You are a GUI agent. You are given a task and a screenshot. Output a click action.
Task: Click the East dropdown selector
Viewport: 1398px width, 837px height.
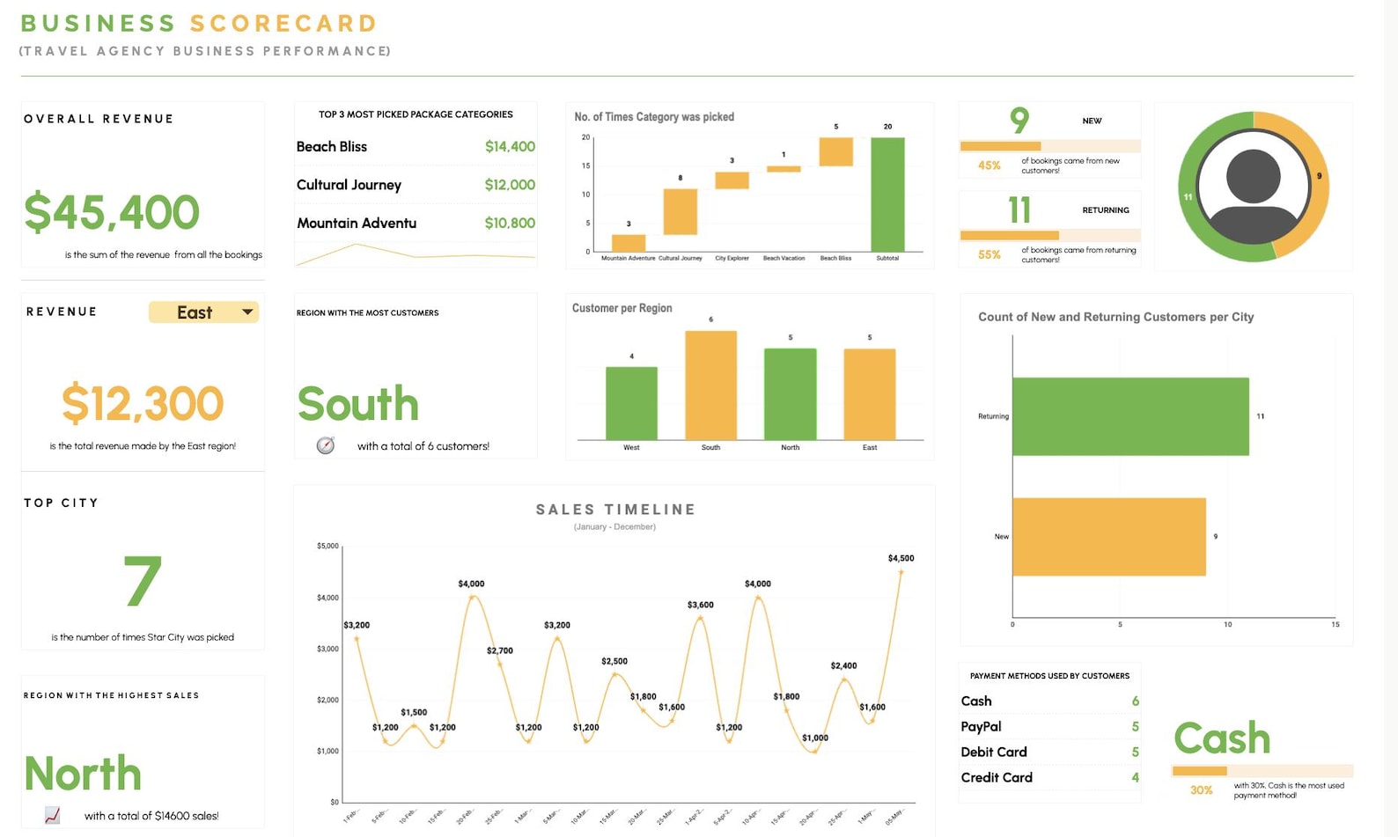pyautogui.click(x=203, y=312)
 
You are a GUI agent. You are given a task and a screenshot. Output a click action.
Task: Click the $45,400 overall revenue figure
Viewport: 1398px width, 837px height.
pyautogui.click(x=112, y=212)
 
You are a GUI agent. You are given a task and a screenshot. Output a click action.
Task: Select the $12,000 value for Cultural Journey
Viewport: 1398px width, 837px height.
pyautogui.click(x=509, y=185)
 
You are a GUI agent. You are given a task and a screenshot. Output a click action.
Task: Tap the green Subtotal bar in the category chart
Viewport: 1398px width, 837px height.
pyautogui.click(x=887, y=195)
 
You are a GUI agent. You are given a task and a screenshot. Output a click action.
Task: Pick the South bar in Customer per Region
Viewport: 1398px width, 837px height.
pyautogui.click(x=710, y=385)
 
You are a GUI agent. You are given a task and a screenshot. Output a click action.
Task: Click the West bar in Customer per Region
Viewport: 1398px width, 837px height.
pyautogui.click(x=631, y=402)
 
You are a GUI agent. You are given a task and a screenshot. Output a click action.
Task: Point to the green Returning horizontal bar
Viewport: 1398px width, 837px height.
pyautogui.click(x=1130, y=416)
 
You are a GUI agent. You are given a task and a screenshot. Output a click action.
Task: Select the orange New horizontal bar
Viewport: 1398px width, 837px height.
pyautogui.click(x=1108, y=537)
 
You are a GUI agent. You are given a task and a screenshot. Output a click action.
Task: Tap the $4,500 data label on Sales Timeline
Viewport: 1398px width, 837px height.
pyautogui.click(x=901, y=558)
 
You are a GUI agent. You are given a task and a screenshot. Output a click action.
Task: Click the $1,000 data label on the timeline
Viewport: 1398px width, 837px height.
pyautogui.click(x=814, y=738)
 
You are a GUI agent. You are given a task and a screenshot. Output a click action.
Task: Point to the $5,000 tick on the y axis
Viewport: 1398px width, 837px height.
pyautogui.click(x=327, y=546)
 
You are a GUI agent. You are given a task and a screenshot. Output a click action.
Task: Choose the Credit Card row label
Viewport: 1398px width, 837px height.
pyautogui.click(x=997, y=777)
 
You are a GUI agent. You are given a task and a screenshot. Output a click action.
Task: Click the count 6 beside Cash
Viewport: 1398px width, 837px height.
pyautogui.click(x=1135, y=701)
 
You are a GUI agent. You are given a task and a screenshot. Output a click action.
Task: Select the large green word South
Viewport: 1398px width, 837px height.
pyautogui.click(x=357, y=404)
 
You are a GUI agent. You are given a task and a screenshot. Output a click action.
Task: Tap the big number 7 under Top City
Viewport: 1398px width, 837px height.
pyautogui.click(x=143, y=582)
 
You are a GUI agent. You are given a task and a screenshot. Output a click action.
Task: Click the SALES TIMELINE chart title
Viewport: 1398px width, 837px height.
pyautogui.click(x=615, y=510)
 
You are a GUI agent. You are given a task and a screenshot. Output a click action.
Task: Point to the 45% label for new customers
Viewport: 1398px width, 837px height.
pyautogui.click(x=989, y=165)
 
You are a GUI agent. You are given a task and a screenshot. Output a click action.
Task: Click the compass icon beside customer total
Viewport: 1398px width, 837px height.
pyautogui.click(x=326, y=445)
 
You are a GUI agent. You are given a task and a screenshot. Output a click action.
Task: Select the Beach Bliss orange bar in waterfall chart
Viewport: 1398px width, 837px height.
pyautogui.click(x=835, y=151)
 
